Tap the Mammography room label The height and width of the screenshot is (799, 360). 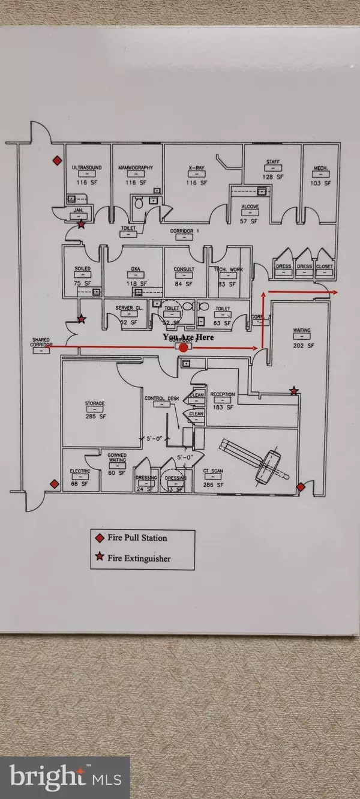(136, 167)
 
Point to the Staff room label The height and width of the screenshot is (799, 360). (272, 162)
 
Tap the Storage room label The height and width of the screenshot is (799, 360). (94, 403)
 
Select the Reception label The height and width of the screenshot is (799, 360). (222, 394)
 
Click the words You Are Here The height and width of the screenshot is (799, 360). (188, 337)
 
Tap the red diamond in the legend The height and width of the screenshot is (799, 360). (100, 538)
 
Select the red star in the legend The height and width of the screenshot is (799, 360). (100, 558)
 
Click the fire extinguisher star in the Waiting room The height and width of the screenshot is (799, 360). (293, 391)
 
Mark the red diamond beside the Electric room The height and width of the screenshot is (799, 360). (54, 484)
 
